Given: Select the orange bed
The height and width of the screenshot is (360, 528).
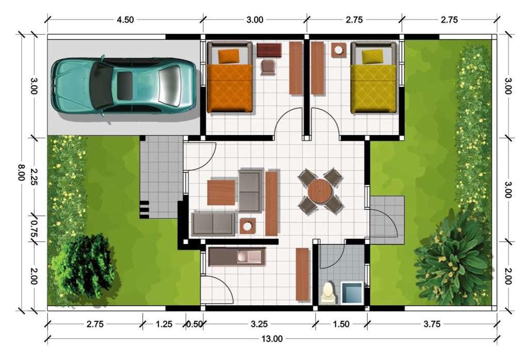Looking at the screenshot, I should pyautogui.click(x=230, y=83).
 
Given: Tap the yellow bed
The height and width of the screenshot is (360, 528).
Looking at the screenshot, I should pyautogui.click(x=374, y=83).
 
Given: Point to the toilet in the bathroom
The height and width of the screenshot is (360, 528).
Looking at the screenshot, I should pyautogui.click(x=327, y=292).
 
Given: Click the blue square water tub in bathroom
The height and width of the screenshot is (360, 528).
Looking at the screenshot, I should pyautogui.click(x=352, y=291).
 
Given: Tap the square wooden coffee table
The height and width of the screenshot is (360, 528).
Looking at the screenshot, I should pyautogui.click(x=221, y=192).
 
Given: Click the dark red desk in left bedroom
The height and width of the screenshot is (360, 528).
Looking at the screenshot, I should pyautogui.click(x=269, y=50).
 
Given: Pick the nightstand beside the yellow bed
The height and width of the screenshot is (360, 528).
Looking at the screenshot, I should pyautogui.click(x=338, y=50).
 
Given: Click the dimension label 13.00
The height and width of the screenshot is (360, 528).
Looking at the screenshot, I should pyautogui.click(x=272, y=339).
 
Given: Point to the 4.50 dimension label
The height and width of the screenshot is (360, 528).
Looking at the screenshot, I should pyautogui.click(x=125, y=20).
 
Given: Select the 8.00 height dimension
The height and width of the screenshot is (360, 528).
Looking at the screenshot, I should pyautogui.click(x=21, y=172).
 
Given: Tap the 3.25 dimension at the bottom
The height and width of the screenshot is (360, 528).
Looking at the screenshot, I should pyautogui.click(x=259, y=324).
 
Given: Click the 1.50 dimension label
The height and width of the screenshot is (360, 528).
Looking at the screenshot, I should pyautogui.click(x=341, y=324).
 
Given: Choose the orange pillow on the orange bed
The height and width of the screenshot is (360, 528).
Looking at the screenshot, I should pyautogui.click(x=229, y=56).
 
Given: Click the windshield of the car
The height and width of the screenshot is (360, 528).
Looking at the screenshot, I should pyautogui.click(x=103, y=85).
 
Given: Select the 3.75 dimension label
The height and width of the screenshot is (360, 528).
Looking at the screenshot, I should pyautogui.click(x=432, y=324).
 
